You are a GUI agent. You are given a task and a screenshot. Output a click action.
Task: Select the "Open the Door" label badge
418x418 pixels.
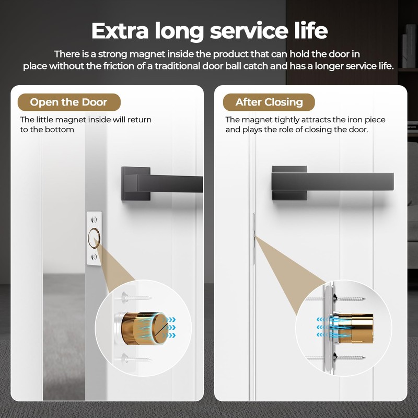click(69, 102)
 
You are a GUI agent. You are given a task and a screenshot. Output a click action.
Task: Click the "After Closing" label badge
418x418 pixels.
click(269, 102)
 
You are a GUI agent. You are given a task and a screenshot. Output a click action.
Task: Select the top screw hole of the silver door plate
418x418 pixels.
click(94, 220)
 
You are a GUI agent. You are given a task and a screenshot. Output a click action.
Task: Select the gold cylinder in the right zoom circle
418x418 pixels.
click(355, 327)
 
